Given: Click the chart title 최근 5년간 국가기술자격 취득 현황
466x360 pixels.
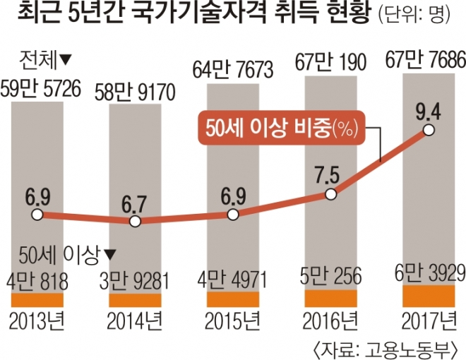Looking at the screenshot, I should pyautogui.click(x=189, y=14).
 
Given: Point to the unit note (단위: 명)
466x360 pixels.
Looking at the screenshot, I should pyautogui.click(x=418, y=16).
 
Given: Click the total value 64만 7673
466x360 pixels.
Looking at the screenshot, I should pyautogui.click(x=234, y=69).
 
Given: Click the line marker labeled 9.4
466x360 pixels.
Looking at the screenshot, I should pyautogui.click(x=429, y=131).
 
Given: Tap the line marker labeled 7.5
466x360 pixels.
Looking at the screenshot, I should pyautogui.click(x=330, y=193).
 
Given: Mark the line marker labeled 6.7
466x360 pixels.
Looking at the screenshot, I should pyautogui.click(x=136, y=221).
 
